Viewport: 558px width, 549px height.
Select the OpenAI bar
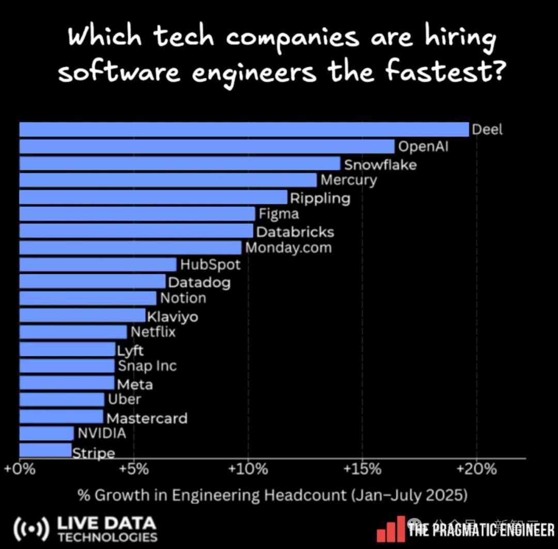207,147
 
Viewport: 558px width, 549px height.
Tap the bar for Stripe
45,450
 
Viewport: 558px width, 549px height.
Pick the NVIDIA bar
47,433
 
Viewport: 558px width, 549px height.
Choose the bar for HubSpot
98,264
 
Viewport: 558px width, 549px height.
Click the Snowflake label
380,165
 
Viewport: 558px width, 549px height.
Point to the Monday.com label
288,247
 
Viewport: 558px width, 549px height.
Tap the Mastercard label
147,418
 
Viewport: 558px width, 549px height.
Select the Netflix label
153,332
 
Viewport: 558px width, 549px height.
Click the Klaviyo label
172,316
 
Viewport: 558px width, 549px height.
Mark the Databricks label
295,232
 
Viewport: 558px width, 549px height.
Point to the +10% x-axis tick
248,469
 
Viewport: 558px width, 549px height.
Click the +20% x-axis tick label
476,469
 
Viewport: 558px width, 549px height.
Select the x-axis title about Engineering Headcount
272,495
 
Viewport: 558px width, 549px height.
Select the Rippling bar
153,197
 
